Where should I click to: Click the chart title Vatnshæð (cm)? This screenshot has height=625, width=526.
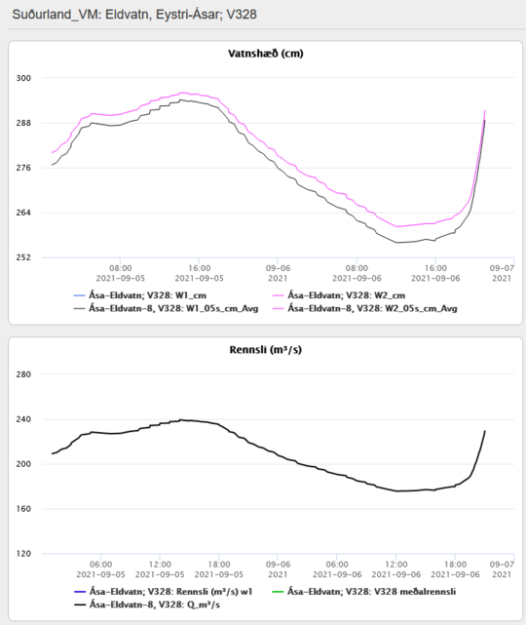pos(266,54)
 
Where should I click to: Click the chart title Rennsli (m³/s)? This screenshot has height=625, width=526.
pos(266,350)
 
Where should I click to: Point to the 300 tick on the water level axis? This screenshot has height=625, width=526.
pos(23,78)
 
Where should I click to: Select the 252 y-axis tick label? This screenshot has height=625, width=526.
pos(23,257)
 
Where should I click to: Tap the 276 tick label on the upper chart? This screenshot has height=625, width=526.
pos(23,168)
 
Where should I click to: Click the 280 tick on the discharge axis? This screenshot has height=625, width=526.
pos(23,374)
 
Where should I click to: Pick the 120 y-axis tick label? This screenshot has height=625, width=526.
pos(23,554)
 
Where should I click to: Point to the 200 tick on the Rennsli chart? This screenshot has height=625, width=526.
pos(23,464)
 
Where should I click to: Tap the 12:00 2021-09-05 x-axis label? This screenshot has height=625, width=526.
pos(160,569)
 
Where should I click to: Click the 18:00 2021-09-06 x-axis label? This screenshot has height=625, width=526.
pos(455,569)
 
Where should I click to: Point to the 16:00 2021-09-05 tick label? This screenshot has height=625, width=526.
pos(199,273)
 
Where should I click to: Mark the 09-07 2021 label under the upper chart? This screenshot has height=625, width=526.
pos(502,273)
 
